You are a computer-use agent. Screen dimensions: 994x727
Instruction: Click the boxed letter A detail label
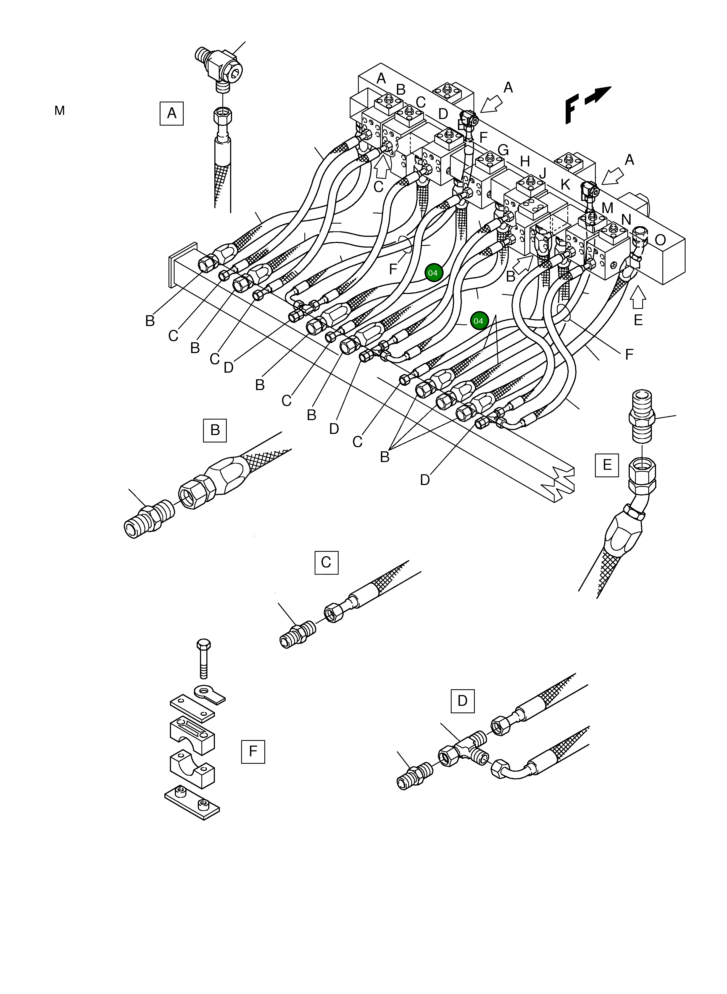(x=172, y=113)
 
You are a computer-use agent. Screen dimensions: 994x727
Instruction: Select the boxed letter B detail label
(x=215, y=430)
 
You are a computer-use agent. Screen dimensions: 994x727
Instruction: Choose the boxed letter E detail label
(x=607, y=465)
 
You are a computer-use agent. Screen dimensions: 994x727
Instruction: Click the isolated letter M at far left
(x=59, y=111)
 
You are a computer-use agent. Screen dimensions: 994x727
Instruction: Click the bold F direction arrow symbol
(x=585, y=103)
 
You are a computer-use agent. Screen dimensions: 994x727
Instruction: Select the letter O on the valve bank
(x=660, y=240)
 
